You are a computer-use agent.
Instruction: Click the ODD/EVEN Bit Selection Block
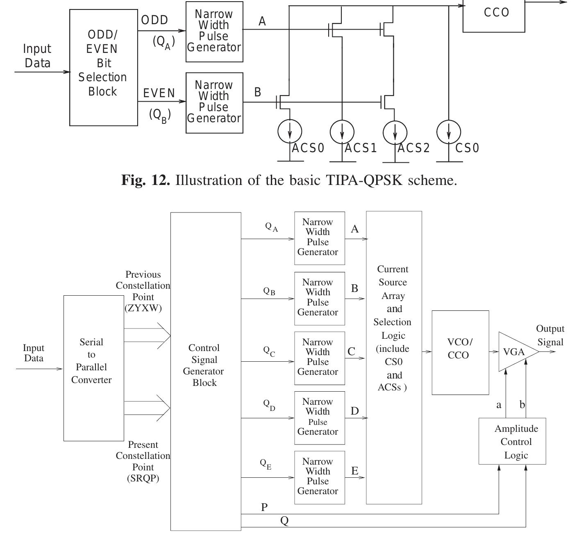tap(103, 67)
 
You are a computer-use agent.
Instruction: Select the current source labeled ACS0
tap(290, 132)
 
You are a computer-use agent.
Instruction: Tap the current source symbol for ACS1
tap(342, 132)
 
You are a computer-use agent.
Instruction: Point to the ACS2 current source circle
tap(395, 132)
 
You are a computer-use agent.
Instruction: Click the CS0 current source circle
tap(449, 132)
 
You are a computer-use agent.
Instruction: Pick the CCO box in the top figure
tap(494, 15)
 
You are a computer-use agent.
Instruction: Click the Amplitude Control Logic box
tap(512, 441)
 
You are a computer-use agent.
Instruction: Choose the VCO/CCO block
tap(460, 352)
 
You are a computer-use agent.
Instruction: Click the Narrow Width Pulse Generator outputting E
tap(319, 477)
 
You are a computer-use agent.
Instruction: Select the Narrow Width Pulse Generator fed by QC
tap(319, 358)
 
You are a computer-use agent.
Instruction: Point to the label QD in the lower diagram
tap(269, 405)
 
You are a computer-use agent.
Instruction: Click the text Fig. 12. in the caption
tap(145, 180)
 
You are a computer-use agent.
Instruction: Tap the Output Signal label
tap(550, 335)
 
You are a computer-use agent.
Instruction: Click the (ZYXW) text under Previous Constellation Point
tap(143, 308)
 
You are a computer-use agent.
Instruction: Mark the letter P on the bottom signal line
tap(264, 507)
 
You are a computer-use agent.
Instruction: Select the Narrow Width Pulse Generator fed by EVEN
tap(214, 103)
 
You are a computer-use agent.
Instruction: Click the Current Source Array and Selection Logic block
tap(394, 357)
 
